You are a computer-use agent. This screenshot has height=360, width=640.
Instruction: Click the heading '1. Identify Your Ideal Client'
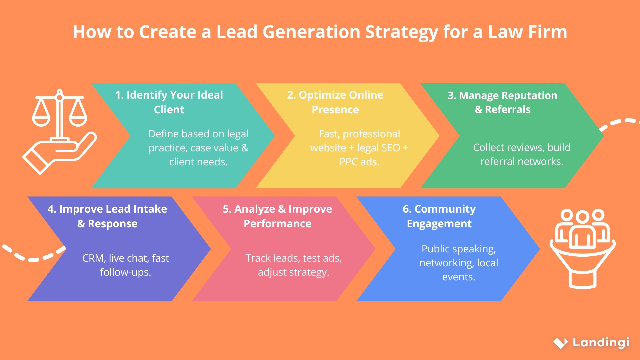click(169, 102)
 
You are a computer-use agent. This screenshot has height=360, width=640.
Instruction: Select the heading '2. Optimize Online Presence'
click(335, 102)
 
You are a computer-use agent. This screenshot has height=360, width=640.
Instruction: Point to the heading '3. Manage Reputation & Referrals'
click(503, 102)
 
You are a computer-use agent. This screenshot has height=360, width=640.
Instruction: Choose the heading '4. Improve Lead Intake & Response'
click(107, 216)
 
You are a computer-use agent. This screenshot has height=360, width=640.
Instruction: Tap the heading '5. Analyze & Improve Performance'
click(277, 216)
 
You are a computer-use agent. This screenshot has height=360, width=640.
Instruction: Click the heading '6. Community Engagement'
click(439, 216)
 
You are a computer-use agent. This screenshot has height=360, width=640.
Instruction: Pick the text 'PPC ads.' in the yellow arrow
click(359, 162)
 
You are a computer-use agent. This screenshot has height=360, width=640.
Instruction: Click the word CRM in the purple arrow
click(93, 258)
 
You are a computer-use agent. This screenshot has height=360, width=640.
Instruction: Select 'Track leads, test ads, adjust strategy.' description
click(293, 265)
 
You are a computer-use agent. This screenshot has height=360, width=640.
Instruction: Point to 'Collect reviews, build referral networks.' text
click(522, 154)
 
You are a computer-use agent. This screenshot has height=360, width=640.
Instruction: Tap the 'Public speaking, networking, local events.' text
click(459, 263)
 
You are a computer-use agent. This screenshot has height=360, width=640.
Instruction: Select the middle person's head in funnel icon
click(582, 217)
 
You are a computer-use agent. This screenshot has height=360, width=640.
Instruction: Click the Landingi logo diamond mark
click(561, 343)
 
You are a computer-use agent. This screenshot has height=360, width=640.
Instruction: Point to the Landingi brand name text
click(601, 342)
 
